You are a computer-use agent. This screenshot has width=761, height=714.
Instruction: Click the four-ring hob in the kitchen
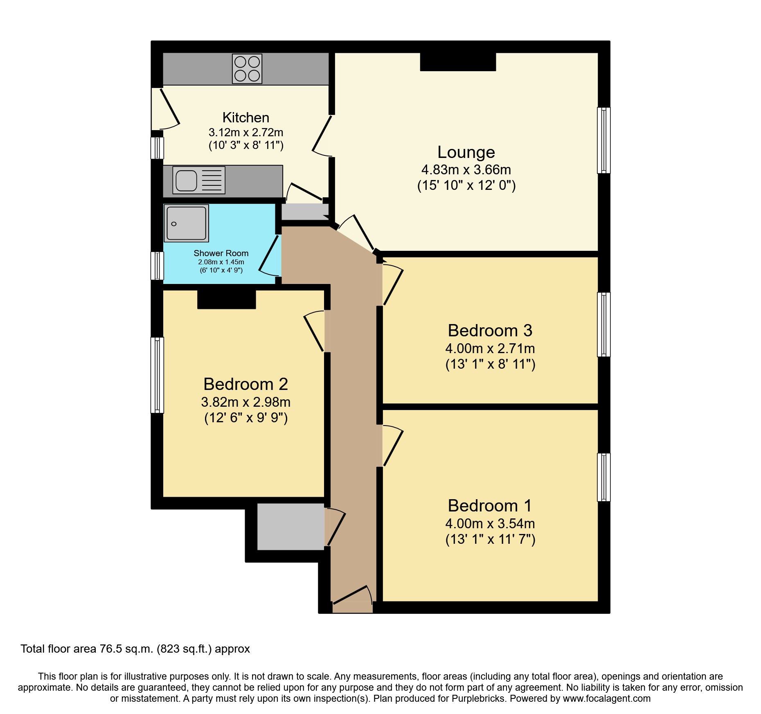[247, 69]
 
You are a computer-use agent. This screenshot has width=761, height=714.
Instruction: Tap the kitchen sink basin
[186, 180]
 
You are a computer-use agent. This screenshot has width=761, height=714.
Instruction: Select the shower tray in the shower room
[187, 223]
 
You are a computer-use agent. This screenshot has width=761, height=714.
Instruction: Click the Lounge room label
[466, 152]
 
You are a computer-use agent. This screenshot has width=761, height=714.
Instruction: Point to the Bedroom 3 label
[490, 331]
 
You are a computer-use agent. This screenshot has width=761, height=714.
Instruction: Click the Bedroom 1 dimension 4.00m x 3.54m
[490, 523]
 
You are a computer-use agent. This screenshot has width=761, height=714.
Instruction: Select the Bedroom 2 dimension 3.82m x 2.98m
[245, 402]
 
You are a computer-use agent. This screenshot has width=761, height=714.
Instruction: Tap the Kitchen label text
[245, 117]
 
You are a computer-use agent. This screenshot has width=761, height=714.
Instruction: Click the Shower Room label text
[221, 253]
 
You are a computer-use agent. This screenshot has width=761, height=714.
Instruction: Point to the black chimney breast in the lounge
[458, 62]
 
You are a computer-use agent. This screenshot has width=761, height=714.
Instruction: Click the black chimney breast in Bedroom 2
[227, 299]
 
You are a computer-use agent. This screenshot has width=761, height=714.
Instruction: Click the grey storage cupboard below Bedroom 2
[290, 526]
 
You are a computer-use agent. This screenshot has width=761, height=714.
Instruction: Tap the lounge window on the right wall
[603, 140]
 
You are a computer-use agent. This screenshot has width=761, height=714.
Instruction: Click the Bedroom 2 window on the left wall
[157, 374]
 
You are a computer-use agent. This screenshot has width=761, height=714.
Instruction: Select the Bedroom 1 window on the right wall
[603, 477]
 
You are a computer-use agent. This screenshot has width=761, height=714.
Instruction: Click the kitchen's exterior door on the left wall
[165, 109]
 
